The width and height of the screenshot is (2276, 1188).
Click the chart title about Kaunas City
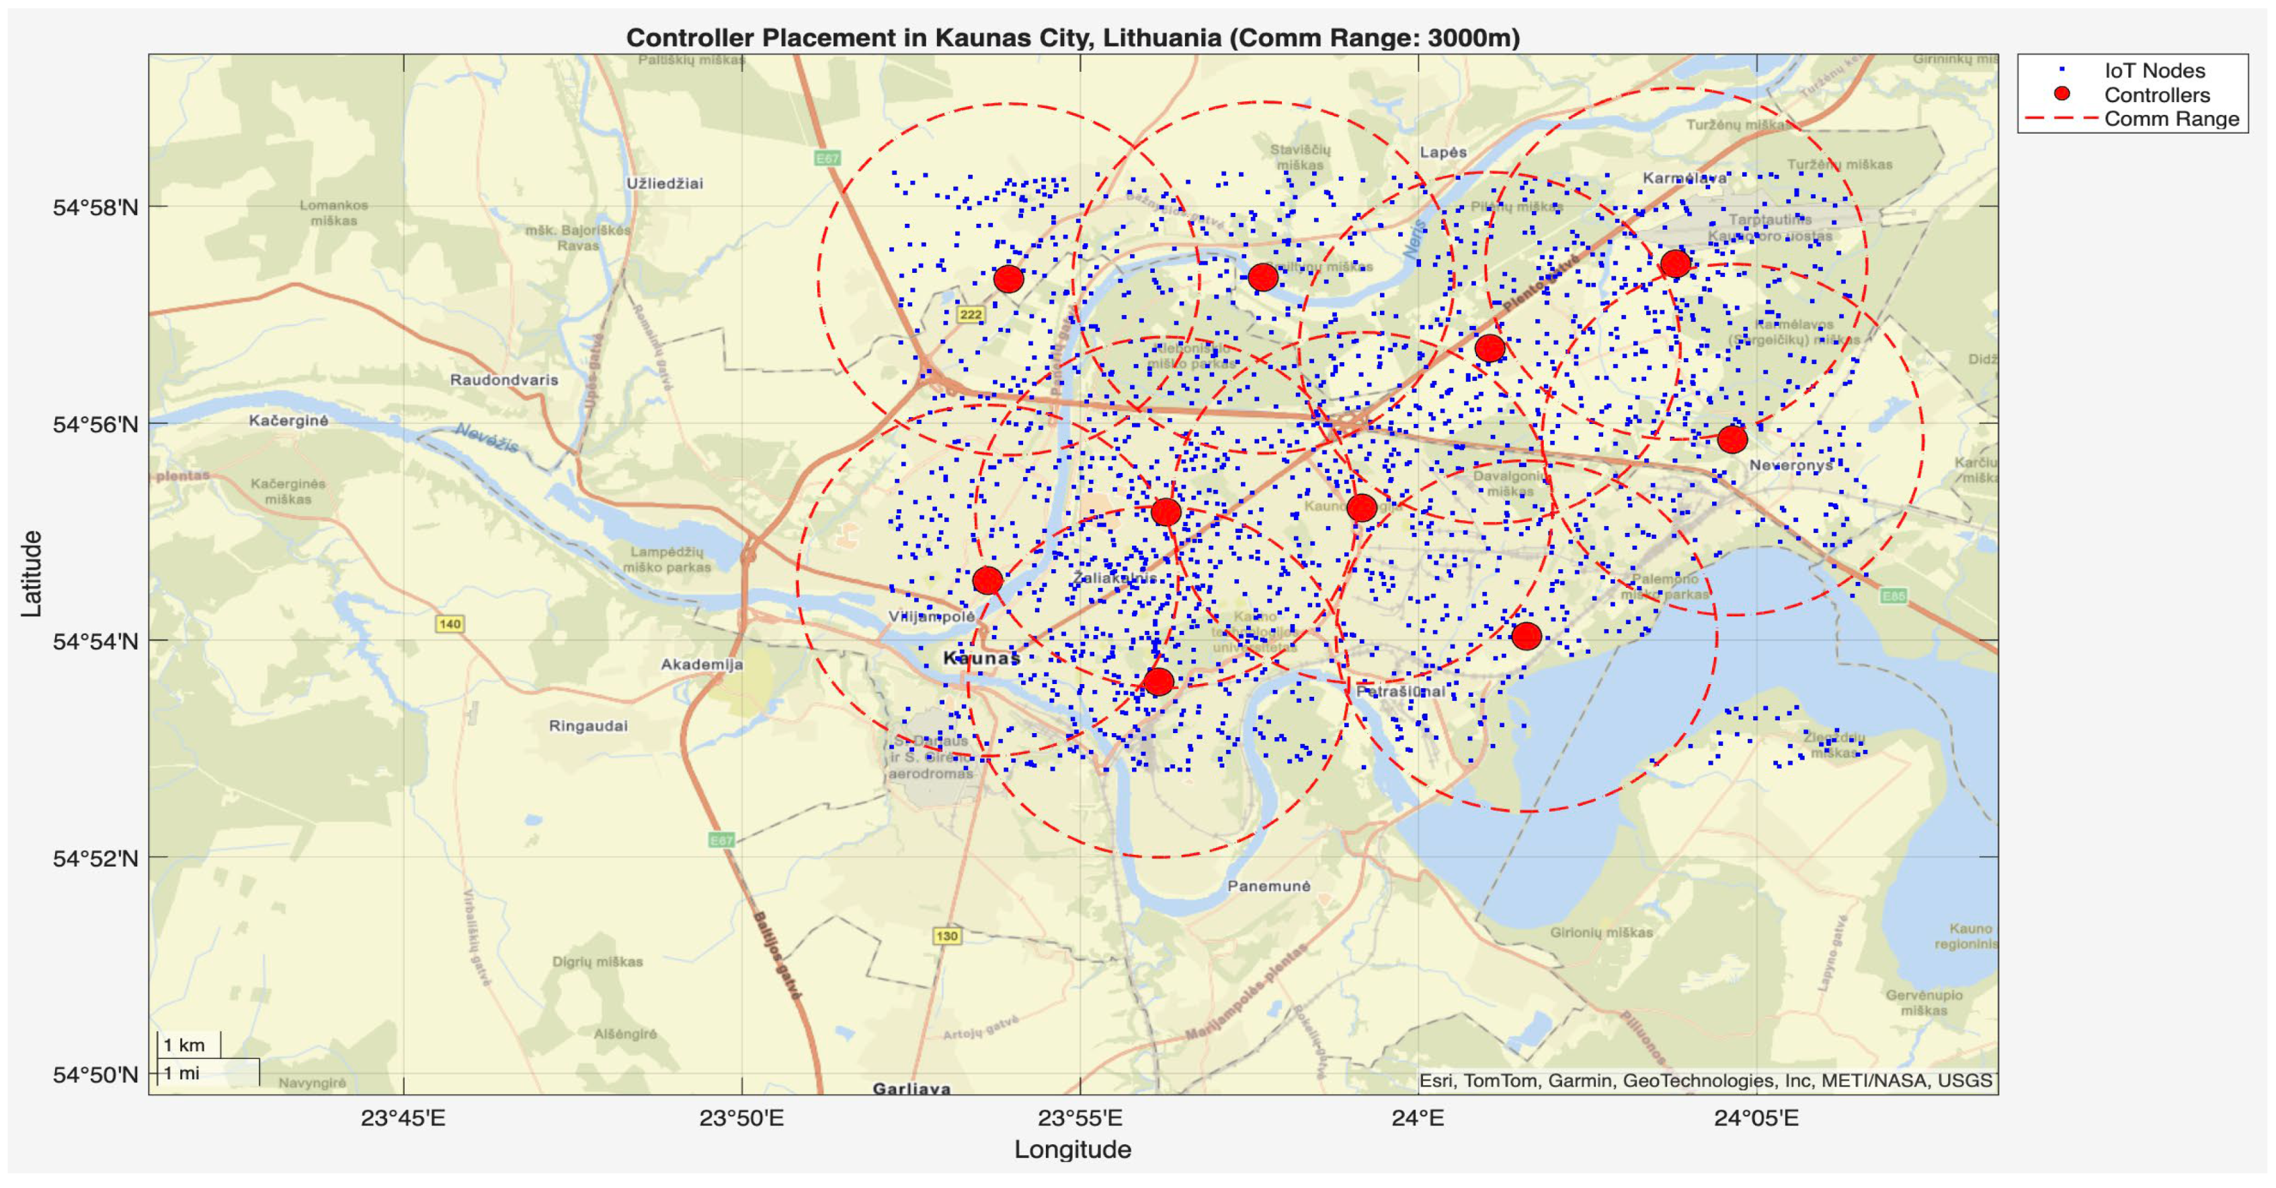click(1073, 38)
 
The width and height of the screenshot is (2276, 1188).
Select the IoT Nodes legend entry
click(2154, 71)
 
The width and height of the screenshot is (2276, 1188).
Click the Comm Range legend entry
click(2171, 119)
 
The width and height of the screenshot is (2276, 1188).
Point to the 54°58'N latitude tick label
click(95, 208)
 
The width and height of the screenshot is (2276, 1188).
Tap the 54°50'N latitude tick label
click(95, 1075)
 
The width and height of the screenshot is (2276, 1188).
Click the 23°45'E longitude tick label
click(403, 1118)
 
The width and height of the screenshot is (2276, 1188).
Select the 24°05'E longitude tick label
click(1756, 1118)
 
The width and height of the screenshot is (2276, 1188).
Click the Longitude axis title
click(1073, 1149)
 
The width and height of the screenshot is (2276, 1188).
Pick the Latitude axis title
click(31, 573)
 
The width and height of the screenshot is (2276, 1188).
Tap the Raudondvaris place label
click(503, 380)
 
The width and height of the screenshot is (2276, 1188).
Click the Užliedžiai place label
click(664, 183)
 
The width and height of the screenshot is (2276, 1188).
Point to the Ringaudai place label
click(588, 726)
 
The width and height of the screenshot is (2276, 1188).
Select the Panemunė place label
click(1269, 886)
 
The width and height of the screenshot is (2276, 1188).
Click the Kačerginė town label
click(288, 421)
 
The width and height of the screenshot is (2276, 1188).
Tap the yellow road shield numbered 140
click(450, 624)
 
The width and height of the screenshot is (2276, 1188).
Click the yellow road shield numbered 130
click(946, 936)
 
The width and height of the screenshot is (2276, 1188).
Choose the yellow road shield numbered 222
click(970, 314)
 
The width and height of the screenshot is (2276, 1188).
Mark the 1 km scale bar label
click(184, 1046)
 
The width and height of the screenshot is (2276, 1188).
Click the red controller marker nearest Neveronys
click(1732, 439)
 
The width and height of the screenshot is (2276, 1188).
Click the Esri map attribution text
click(1705, 1080)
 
